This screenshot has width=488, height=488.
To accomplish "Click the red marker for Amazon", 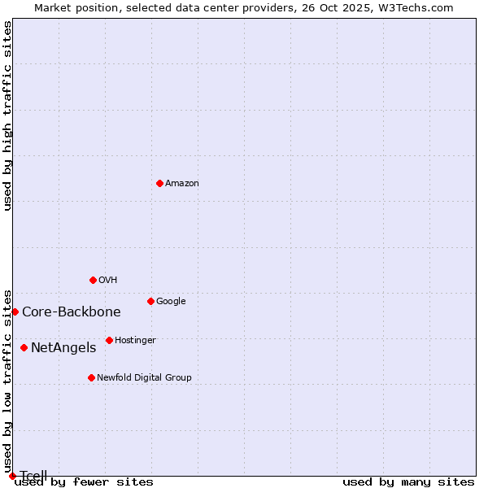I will point(159,183).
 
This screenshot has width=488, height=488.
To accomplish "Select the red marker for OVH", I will point(93,280).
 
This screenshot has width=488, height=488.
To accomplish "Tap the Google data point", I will point(150,301).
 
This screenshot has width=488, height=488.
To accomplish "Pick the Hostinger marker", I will point(109,340).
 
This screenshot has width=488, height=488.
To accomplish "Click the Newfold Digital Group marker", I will point(91,377).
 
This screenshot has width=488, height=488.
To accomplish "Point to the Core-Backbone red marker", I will point(15,312).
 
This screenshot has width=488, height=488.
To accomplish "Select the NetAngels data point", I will point(24,347).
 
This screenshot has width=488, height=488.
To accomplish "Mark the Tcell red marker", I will point(12,476).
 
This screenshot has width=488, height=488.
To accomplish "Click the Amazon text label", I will point(182,184).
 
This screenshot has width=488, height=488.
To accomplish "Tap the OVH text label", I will point(108,281).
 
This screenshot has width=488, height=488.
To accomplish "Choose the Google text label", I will point(171,302).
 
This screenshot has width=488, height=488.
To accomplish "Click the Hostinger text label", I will point(135,341).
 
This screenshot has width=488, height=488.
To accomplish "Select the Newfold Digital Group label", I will point(144,378).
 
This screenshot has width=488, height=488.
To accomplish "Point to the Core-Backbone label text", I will point(72,312).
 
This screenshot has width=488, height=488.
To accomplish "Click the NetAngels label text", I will point(63,348).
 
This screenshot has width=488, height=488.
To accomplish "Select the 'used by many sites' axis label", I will point(408,482).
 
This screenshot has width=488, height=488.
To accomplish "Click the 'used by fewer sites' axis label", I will point(84,482).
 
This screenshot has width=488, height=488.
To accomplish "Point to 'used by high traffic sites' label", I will point(8,115).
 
